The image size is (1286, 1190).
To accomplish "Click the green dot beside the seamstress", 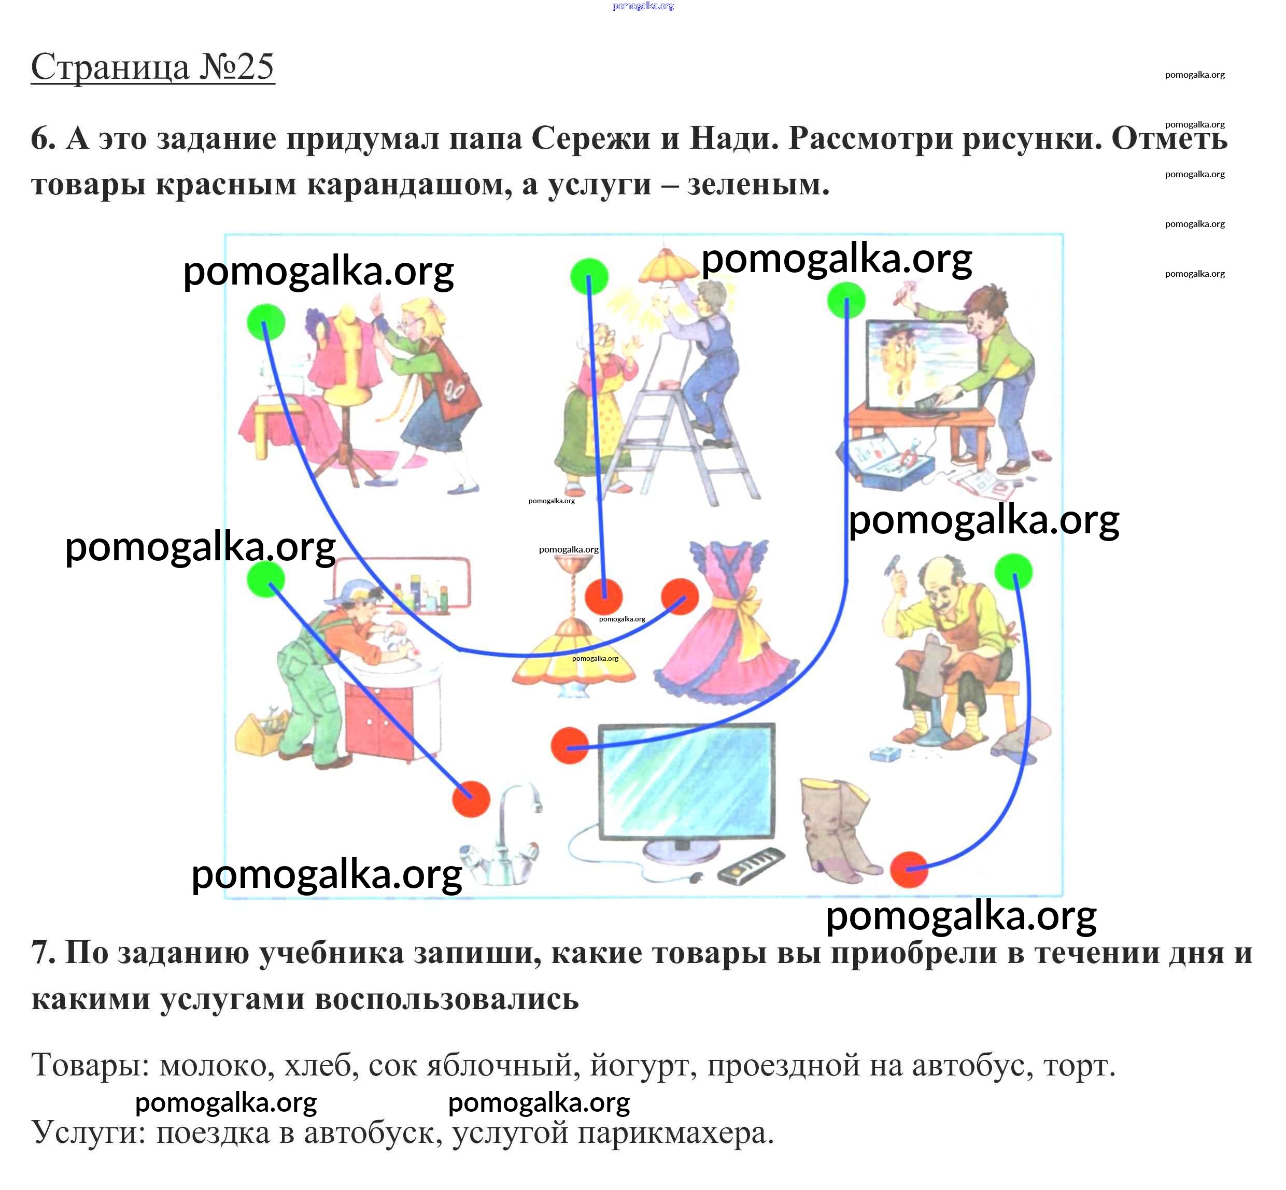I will point(265,322).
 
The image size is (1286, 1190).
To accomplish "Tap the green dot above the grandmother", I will point(589,276).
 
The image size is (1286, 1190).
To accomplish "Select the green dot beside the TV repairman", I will point(845,300).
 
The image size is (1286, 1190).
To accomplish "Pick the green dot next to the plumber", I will point(265,578).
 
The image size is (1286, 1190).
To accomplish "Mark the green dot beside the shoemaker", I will point(1013,571).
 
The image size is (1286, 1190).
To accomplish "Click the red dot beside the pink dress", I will point(680,596).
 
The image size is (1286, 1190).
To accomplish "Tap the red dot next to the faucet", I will point(471,799).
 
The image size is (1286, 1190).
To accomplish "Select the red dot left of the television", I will point(569,746).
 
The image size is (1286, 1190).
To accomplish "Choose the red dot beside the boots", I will point(908,869).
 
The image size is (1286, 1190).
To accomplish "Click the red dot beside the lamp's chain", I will point(603,596).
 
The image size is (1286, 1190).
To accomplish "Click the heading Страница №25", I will point(152,67).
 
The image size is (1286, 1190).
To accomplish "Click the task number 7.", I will point(43,953).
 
